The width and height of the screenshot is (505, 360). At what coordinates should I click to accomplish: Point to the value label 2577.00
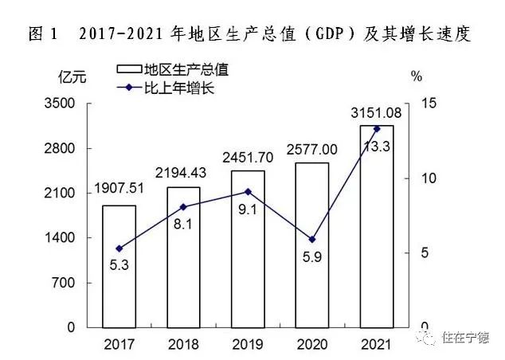(311, 149)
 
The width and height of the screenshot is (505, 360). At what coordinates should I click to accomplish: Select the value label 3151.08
(376, 112)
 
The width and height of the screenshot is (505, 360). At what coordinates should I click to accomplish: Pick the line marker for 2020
(312, 239)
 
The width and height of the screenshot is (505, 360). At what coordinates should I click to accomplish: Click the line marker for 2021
(377, 128)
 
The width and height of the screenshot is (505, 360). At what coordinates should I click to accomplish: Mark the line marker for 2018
(183, 206)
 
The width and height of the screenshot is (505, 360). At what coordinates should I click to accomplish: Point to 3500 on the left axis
(65, 104)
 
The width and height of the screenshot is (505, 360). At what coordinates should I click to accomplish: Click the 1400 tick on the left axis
(65, 238)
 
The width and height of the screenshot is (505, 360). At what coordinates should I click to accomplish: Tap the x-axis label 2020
(311, 343)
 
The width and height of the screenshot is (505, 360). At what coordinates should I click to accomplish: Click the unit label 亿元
(70, 77)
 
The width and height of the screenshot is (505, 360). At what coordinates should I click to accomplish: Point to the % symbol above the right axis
(416, 77)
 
